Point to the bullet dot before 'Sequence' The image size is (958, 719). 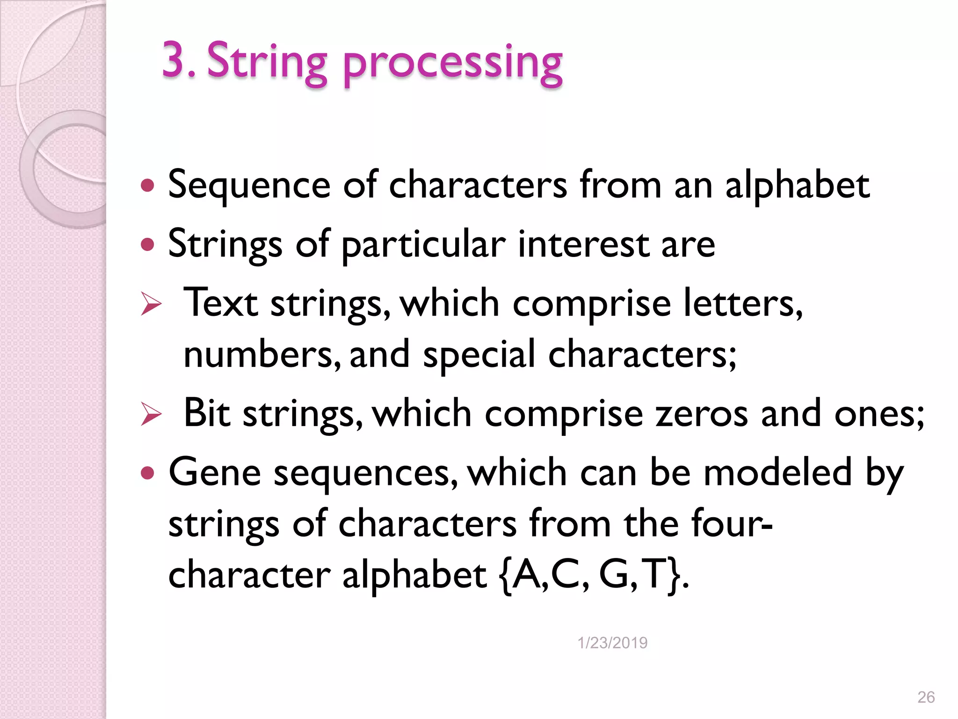click(x=147, y=186)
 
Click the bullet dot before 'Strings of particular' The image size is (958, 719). click(x=147, y=244)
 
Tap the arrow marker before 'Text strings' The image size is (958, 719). click(x=151, y=305)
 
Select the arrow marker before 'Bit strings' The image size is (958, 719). click(x=151, y=414)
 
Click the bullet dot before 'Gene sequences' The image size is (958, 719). click(x=147, y=473)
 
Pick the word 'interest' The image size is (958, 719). click(x=583, y=244)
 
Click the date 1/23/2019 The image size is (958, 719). click(x=612, y=643)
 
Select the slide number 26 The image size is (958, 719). click(x=926, y=697)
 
